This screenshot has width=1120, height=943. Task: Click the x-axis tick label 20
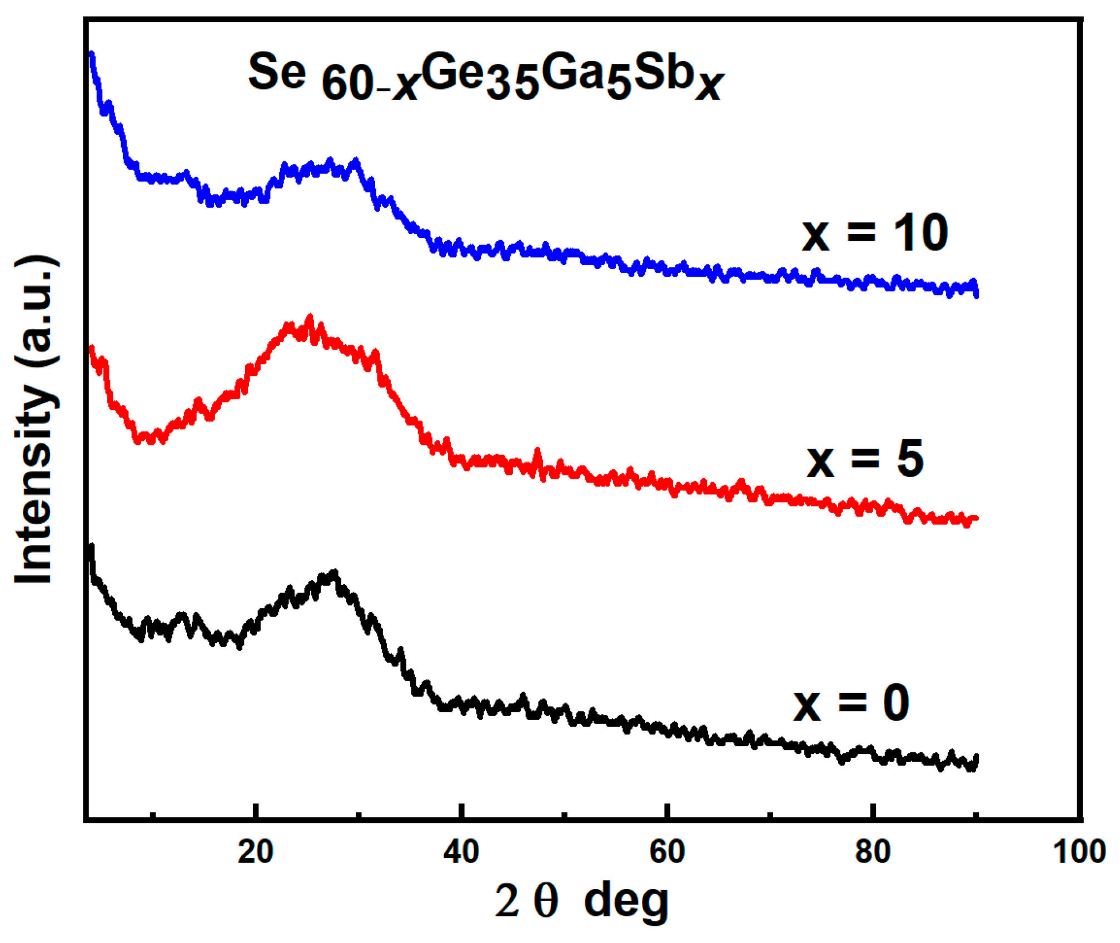click(x=255, y=852)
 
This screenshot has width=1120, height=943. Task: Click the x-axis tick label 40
click(x=461, y=852)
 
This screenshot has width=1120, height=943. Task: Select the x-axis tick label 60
click(x=666, y=852)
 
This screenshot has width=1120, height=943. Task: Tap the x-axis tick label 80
click(x=873, y=852)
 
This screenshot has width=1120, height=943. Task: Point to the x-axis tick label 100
click(x=1079, y=852)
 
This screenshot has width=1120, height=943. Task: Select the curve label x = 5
click(x=865, y=459)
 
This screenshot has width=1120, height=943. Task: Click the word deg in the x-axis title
click(x=626, y=901)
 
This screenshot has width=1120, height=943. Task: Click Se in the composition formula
click(x=277, y=72)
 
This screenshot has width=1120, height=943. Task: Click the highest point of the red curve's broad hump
click(x=310, y=318)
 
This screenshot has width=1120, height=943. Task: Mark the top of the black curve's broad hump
click(x=334, y=572)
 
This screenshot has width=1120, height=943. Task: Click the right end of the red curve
click(x=975, y=519)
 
